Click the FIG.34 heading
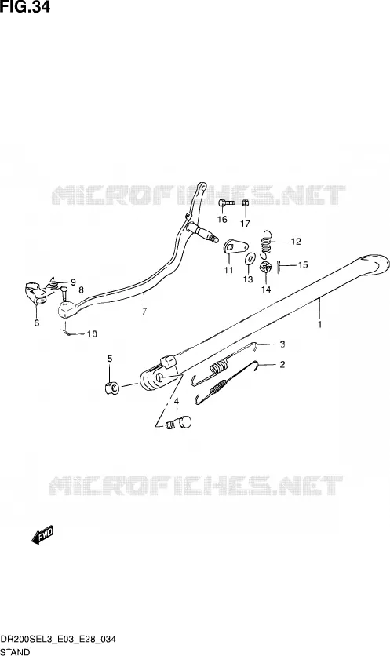pyautogui.click(x=25, y=7)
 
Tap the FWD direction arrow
pyautogui.click(x=42, y=535)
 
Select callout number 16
pyautogui.click(x=222, y=219)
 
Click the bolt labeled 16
pyautogui.click(x=226, y=203)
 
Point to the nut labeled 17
pyautogui.click(x=246, y=203)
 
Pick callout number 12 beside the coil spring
pyautogui.click(x=296, y=242)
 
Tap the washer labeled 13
pyautogui.click(x=250, y=258)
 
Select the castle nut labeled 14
pyautogui.click(x=265, y=267)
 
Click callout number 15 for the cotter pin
pyautogui.click(x=303, y=264)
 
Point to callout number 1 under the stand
pyautogui.click(x=319, y=324)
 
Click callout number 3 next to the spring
pyautogui.click(x=282, y=344)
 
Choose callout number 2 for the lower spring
pyautogui.click(x=282, y=364)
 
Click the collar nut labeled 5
pyautogui.click(x=112, y=388)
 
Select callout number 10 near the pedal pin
pyautogui.click(x=92, y=333)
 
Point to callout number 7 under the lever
pyautogui.click(x=144, y=312)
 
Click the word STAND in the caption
pyautogui.click(x=15, y=652)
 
